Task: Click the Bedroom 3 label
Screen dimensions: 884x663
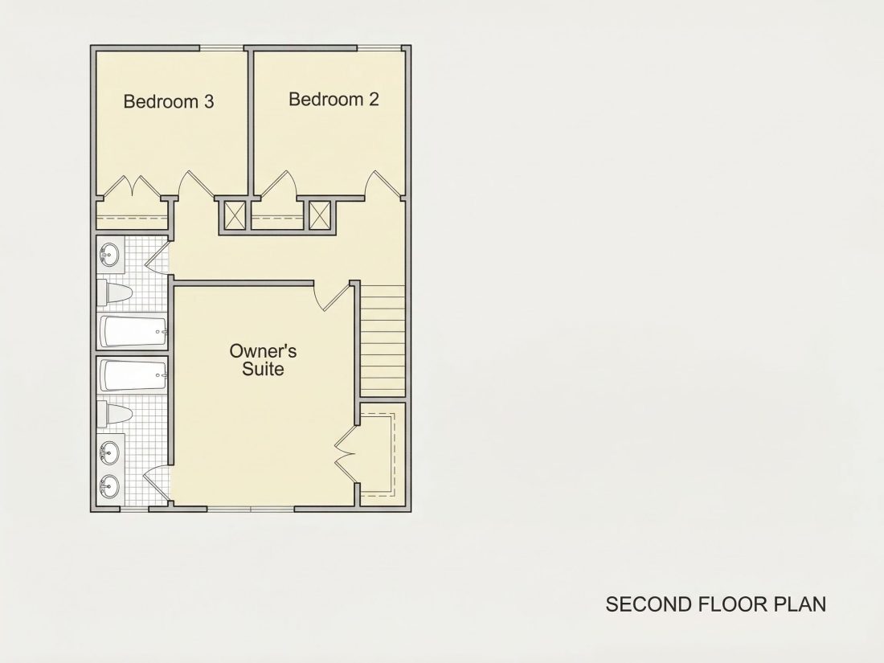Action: [169, 101]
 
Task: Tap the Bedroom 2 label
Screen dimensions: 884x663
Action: [334, 99]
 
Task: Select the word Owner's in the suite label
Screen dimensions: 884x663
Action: [263, 350]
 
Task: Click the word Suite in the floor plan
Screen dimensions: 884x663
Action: [263, 370]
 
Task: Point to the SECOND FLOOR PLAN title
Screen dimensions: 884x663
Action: [716, 604]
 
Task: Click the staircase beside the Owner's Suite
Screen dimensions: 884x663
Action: [383, 341]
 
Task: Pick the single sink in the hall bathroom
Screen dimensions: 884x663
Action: [111, 254]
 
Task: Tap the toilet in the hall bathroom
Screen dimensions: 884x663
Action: [114, 293]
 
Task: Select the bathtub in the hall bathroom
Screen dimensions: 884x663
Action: [133, 331]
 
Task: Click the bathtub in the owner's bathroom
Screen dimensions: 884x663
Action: [133, 375]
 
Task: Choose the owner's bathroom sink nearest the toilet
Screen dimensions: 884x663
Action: [110, 452]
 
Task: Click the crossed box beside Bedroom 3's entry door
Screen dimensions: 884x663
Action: [233, 215]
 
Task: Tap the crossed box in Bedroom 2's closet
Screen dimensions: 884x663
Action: [320, 215]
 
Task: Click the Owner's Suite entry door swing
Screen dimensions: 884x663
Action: [334, 297]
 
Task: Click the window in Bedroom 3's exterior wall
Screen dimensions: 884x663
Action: [222, 48]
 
